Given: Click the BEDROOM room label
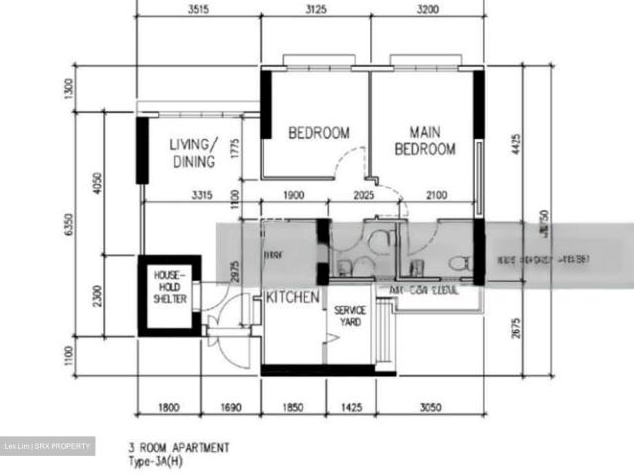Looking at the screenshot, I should (319, 133).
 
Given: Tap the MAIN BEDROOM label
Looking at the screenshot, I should (425, 141).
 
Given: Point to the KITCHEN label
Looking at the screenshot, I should (292, 297).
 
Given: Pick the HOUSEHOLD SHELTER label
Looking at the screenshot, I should (169, 287).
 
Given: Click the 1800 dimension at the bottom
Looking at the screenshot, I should (169, 406).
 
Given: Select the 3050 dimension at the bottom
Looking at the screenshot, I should (429, 406).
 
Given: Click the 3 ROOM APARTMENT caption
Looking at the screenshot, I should (182, 448).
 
